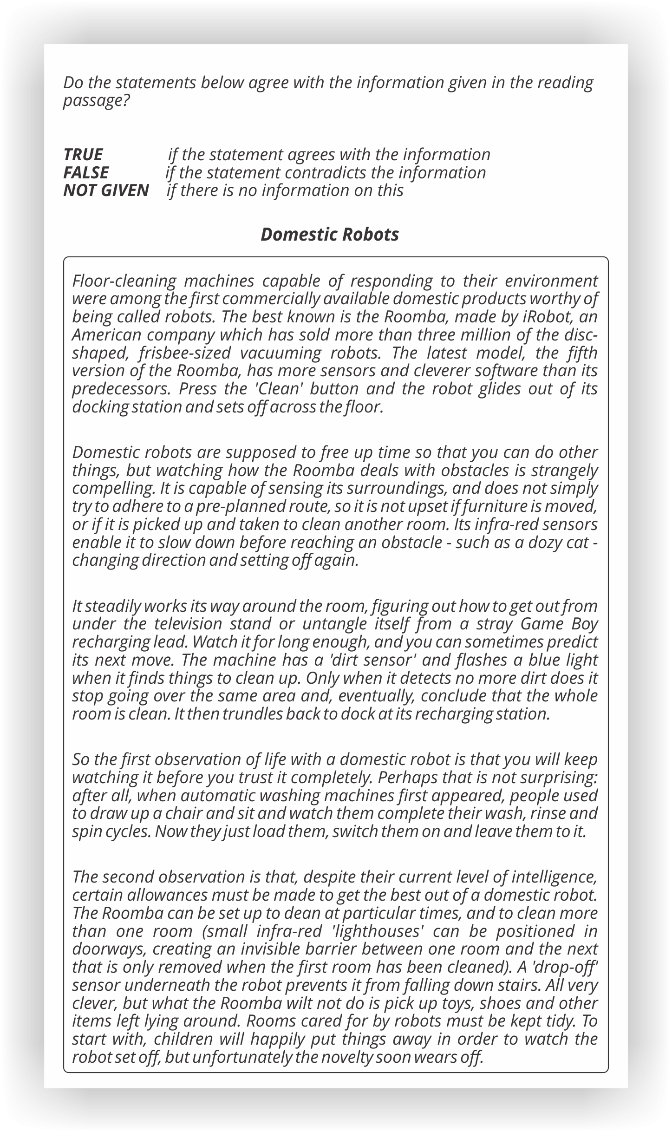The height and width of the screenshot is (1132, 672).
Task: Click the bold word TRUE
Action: [83, 155]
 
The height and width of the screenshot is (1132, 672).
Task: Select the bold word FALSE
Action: [86, 173]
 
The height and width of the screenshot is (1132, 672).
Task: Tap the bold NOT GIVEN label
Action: [106, 190]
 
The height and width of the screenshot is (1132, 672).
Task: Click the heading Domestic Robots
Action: [330, 235]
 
